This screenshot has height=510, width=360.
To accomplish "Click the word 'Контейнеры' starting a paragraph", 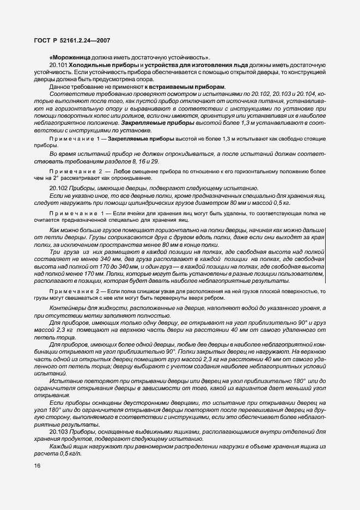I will (68, 308).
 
